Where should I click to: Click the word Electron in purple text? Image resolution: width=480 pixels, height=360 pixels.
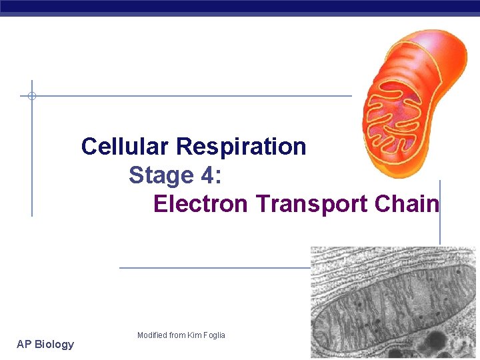pos(201,203)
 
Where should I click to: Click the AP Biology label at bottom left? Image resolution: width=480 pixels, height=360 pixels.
pos(45,344)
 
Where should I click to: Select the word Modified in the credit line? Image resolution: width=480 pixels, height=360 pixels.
pos(152,335)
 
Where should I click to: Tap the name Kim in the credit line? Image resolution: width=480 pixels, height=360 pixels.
pos(193,335)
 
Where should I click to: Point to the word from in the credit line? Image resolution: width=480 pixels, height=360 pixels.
pos(177,335)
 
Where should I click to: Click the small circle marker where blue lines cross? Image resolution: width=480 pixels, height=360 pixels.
pos(31,96)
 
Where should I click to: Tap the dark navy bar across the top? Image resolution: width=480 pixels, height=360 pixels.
pos(240,7)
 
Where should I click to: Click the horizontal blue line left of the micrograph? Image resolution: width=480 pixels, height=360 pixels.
pos(213,268)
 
